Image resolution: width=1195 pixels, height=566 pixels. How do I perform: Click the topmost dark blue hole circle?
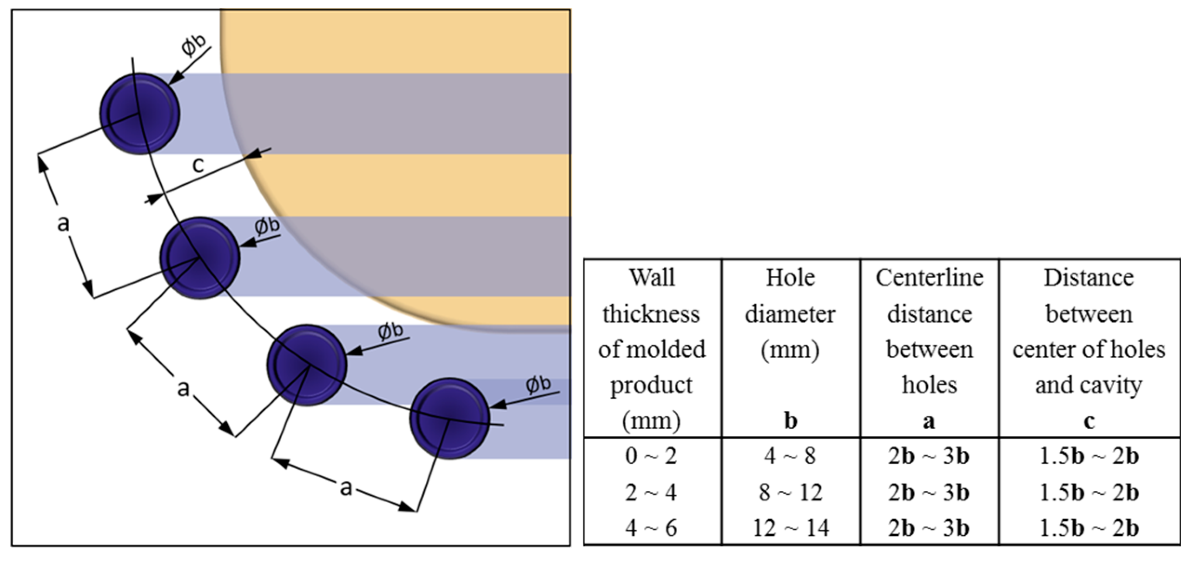[x=139, y=113]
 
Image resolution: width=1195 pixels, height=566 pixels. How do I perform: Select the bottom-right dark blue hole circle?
[x=449, y=418]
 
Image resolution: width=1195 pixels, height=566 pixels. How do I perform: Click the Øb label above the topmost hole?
[x=193, y=45]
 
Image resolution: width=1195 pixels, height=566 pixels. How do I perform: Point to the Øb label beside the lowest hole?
[x=538, y=384]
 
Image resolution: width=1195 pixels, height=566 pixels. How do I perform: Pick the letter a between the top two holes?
[x=63, y=223]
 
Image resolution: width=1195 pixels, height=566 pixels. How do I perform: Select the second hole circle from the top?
[x=199, y=257]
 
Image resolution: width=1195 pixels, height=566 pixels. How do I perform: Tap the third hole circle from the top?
[x=306, y=365]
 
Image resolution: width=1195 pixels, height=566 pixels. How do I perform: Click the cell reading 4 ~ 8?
[x=790, y=456]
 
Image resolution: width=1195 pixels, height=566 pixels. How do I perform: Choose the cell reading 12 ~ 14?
[x=790, y=528]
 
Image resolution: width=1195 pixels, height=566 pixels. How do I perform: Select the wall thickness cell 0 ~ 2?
[x=651, y=456]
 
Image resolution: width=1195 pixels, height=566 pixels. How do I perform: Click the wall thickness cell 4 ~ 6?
[x=651, y=528]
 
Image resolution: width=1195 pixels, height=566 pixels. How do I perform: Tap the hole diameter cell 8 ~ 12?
[x=790, y=492]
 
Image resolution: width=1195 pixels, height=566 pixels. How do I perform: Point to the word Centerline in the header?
[x=929, y=278]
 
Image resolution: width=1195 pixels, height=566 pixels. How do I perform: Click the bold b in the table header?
[x=790, y=421]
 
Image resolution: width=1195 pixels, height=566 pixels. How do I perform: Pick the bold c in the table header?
[x=1089, y=421]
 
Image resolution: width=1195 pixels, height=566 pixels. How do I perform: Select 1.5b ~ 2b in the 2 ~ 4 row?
[x=1089, y=492]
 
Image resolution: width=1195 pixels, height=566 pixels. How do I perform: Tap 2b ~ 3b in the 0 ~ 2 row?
[x=929, y=456]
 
